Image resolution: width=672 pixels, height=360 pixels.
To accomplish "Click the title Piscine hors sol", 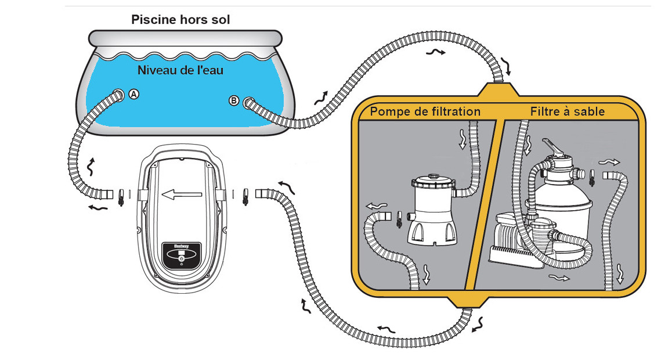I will (180, 20).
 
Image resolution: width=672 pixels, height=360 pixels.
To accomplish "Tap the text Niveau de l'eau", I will (180, 71).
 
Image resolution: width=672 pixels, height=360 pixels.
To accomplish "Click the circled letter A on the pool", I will (134, 93).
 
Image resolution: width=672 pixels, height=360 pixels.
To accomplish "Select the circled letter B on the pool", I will (234, 101).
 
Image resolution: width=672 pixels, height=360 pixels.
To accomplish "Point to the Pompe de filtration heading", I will (425, 111).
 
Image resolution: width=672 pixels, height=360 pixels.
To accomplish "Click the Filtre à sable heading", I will (567, 111).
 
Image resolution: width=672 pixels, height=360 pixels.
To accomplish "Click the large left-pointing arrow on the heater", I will (182, 195).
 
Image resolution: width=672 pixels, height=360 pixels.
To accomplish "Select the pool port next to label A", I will (118, 94).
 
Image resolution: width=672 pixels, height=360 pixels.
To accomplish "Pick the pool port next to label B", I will (250, 103).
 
